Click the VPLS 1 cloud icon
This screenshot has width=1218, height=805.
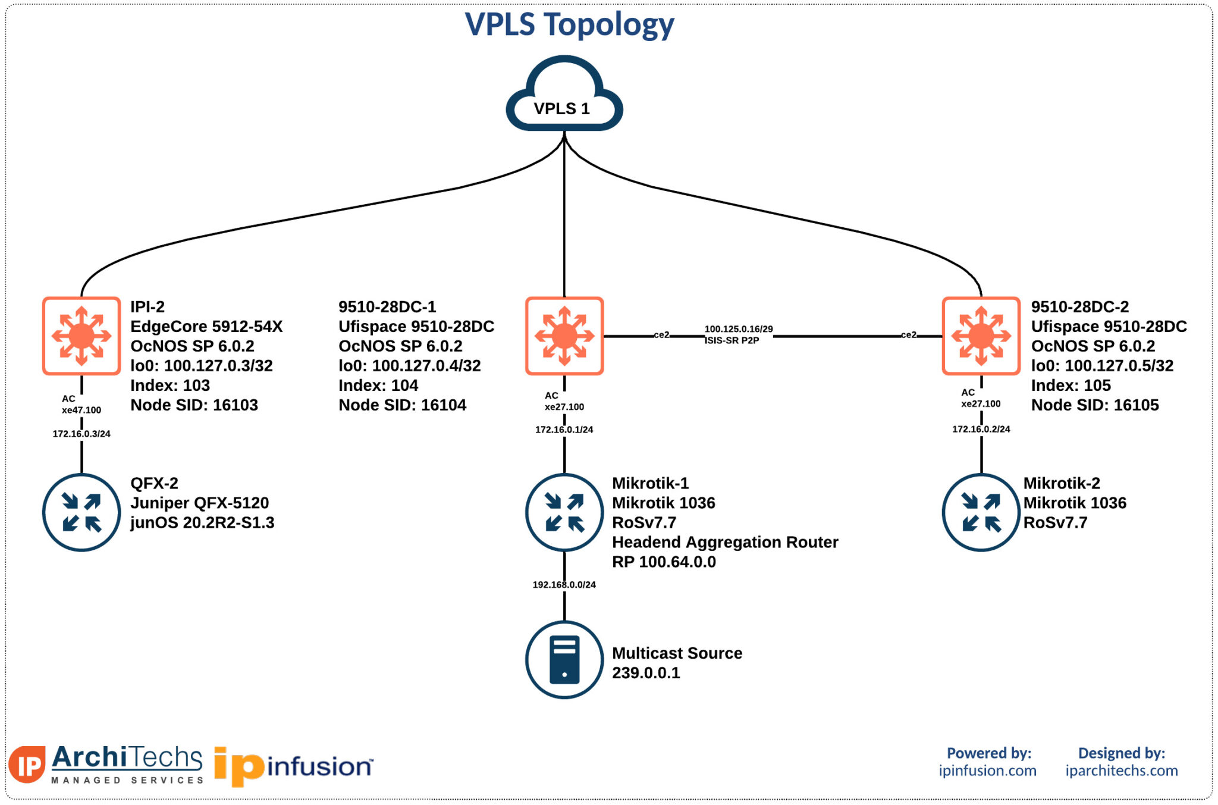pos(564,95)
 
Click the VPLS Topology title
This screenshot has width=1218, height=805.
pos(569,25)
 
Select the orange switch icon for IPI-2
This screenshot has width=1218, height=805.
pos(81,336)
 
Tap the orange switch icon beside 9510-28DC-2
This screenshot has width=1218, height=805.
pos(981,336)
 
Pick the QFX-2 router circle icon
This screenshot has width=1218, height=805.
pos(81,512)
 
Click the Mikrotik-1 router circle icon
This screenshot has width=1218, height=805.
pos(564,512)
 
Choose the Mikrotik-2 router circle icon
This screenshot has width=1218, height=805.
pos(981,512)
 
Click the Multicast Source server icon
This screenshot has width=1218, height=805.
pos(564,659)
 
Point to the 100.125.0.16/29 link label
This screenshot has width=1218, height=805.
pos(738,329)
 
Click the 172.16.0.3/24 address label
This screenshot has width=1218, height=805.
pos(81,434)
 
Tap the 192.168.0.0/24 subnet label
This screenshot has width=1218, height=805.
pos(564,585)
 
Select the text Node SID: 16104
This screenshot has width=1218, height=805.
pos(402,405)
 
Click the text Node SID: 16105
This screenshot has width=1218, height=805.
pos(1094,405)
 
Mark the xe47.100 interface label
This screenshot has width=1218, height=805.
pos(81,410)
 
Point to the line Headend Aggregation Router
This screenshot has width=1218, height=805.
pos(724,542)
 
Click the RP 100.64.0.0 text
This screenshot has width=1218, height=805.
pos(664,562)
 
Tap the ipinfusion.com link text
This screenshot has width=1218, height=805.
pos(987,770)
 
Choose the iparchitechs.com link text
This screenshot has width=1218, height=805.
pos(1121,770)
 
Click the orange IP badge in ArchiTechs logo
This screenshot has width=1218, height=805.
pos(27,765)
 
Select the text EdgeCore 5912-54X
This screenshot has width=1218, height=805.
pos(206,327)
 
